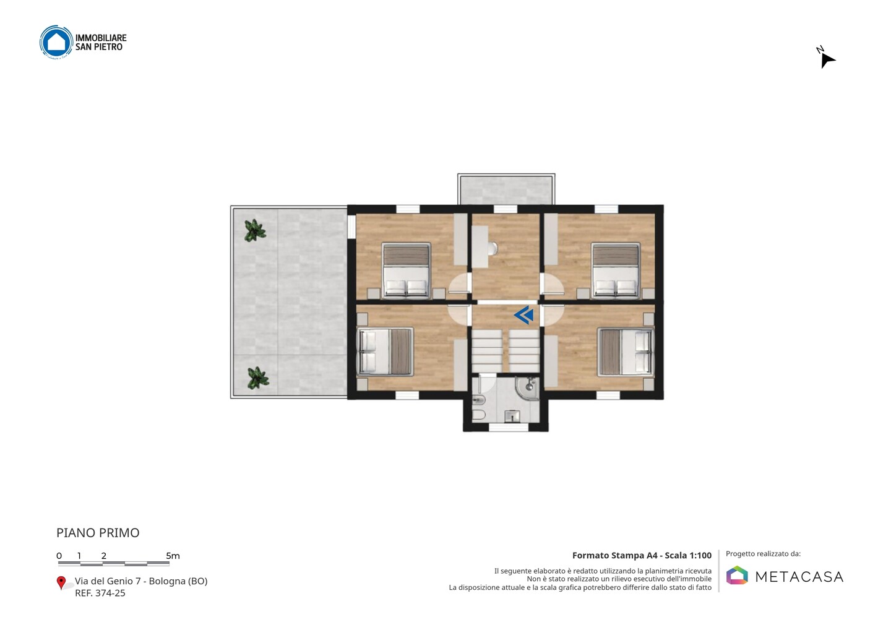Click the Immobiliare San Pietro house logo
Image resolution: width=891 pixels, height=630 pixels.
(x=56, y=42)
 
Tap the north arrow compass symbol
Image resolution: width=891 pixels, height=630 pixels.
(x=827, y=59)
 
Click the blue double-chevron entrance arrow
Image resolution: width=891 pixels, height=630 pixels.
(x=524, y=315)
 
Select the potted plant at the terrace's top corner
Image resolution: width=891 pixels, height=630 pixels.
(x=255, y=230)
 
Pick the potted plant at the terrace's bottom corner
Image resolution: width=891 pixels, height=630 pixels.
(x=258, y=378)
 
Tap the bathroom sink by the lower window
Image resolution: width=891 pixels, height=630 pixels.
(x=512, y=416)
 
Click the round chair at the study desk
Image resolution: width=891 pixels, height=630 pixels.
(x=493, y=249)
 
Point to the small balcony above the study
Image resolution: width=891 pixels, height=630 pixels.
(x=506, y=189)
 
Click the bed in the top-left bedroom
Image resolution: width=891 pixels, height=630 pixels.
(x=406, y=270)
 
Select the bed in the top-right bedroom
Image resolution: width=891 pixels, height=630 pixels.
(x=616, y=270)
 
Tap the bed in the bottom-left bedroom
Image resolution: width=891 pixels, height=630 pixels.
(x=385, y=352)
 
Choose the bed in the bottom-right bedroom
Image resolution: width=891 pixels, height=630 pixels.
(x=626, y=352)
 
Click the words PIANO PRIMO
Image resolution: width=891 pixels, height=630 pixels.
(x=98, y=533)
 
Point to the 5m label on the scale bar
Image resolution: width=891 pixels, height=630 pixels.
(x=173, y=556)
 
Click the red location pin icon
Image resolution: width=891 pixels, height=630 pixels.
(x=61, y=583)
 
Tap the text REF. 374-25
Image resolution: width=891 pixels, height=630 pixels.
(x=100, y=593)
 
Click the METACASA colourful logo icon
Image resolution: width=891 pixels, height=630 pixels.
(x=737, y=575)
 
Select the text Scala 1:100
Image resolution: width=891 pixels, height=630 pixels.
(x=688, y=555)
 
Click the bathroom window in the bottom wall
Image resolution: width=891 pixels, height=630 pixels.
(x=509, y=427)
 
